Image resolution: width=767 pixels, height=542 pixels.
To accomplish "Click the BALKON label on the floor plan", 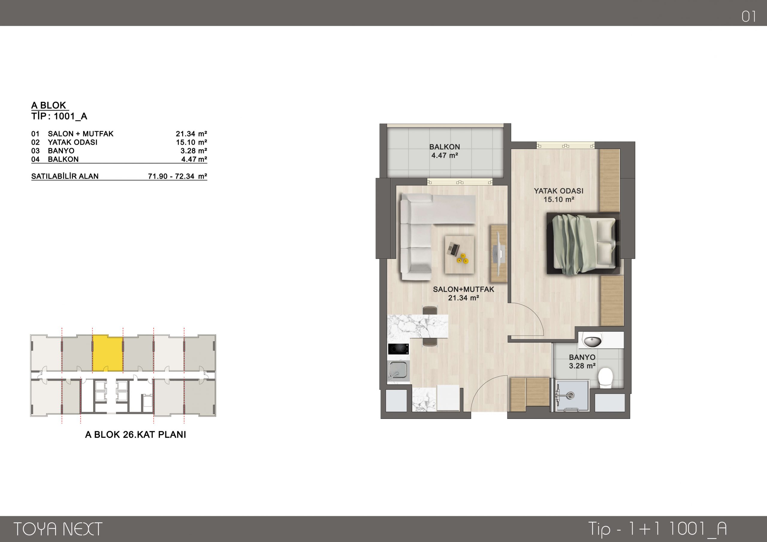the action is [444, 147].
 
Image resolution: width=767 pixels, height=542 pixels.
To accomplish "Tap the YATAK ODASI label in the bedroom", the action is [558, 191].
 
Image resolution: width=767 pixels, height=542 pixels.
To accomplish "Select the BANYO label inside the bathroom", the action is [582, 357].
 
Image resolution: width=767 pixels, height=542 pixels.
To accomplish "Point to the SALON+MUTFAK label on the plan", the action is [463, 289].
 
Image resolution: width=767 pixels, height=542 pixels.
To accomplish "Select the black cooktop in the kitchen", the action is [398, 349].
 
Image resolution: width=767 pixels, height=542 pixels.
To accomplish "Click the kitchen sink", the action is [398, 371].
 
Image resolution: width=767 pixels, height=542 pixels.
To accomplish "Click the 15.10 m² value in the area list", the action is [191, 142].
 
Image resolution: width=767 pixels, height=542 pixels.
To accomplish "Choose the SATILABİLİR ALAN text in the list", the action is [65, 176].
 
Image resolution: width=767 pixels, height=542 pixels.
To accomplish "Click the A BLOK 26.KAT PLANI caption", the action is [136, 434].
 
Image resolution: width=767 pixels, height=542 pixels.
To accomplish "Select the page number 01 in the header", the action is [749, 16].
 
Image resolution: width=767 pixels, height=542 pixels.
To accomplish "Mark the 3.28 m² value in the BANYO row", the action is [194, 151].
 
